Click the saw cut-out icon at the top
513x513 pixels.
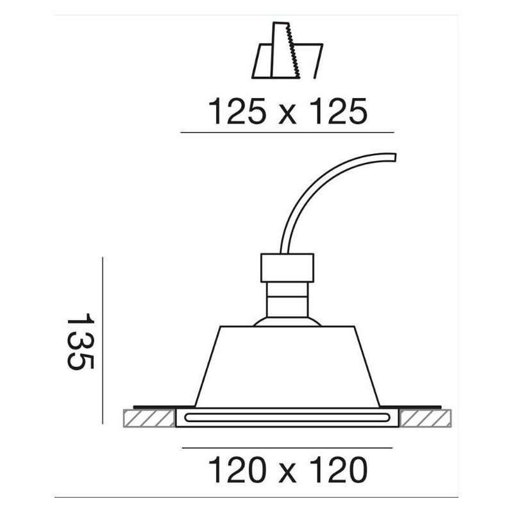288,52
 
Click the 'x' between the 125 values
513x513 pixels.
288,116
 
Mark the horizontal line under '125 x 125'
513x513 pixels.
287,133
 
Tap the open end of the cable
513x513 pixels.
396,157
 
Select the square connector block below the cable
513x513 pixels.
287,268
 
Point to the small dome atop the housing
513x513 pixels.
287,321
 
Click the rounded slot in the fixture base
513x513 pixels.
287,419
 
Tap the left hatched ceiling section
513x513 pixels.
148,418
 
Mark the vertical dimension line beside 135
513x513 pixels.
103,340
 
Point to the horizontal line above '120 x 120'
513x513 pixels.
287,448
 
